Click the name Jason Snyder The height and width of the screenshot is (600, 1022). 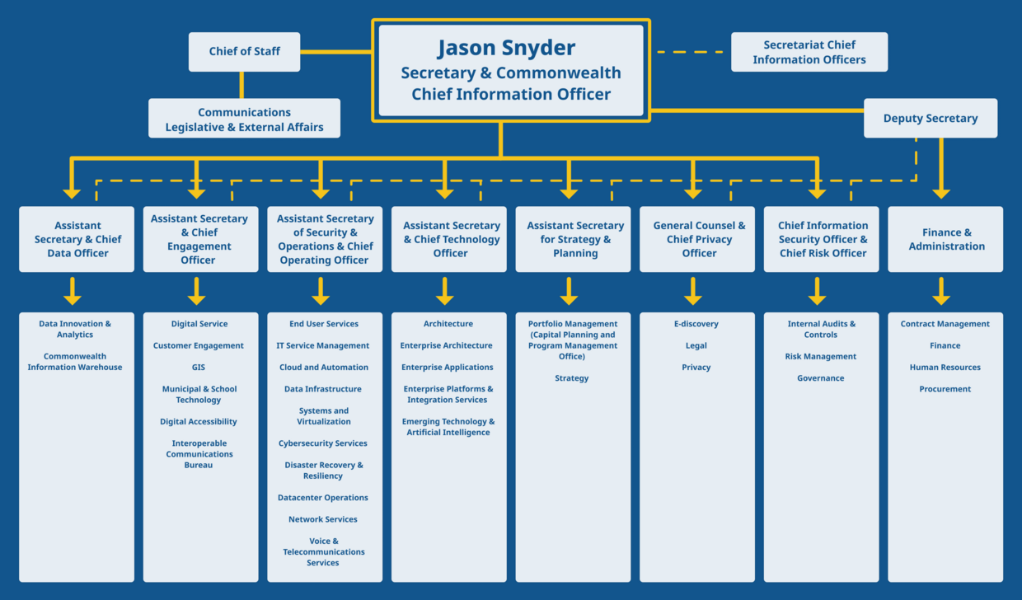click(x=506, y=48)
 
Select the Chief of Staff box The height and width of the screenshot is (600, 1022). click(x=244, y=51)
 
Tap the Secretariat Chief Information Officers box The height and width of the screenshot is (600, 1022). click(x=809, y=52)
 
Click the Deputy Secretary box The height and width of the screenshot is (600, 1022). click(x=930, y=118)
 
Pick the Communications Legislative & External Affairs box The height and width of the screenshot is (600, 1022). click(x=244, y=120)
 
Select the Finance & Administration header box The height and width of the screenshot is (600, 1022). click(x=945, y=239)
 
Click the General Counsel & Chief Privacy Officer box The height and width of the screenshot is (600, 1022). click(x=698, y=239)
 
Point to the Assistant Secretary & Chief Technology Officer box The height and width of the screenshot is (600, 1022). click(x=450, y=239)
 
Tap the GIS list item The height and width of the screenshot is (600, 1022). click(x=199, y=368)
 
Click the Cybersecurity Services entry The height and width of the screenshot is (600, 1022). click(x=323, y=443)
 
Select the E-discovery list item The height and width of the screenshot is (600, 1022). click(x=696, y=324)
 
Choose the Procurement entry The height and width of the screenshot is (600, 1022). click(x=945, y=389)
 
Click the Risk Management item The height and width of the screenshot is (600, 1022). click(x=821, y=357)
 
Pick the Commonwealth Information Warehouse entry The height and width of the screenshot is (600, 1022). click(x=75, y=362)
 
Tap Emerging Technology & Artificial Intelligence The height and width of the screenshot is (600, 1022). click(x=448, y=427)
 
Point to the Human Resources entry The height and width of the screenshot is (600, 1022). click(x=945, y=368)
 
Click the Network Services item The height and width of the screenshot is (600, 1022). click(x=323, y=519)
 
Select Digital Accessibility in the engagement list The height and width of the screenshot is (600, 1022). click(x=199, y=422)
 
